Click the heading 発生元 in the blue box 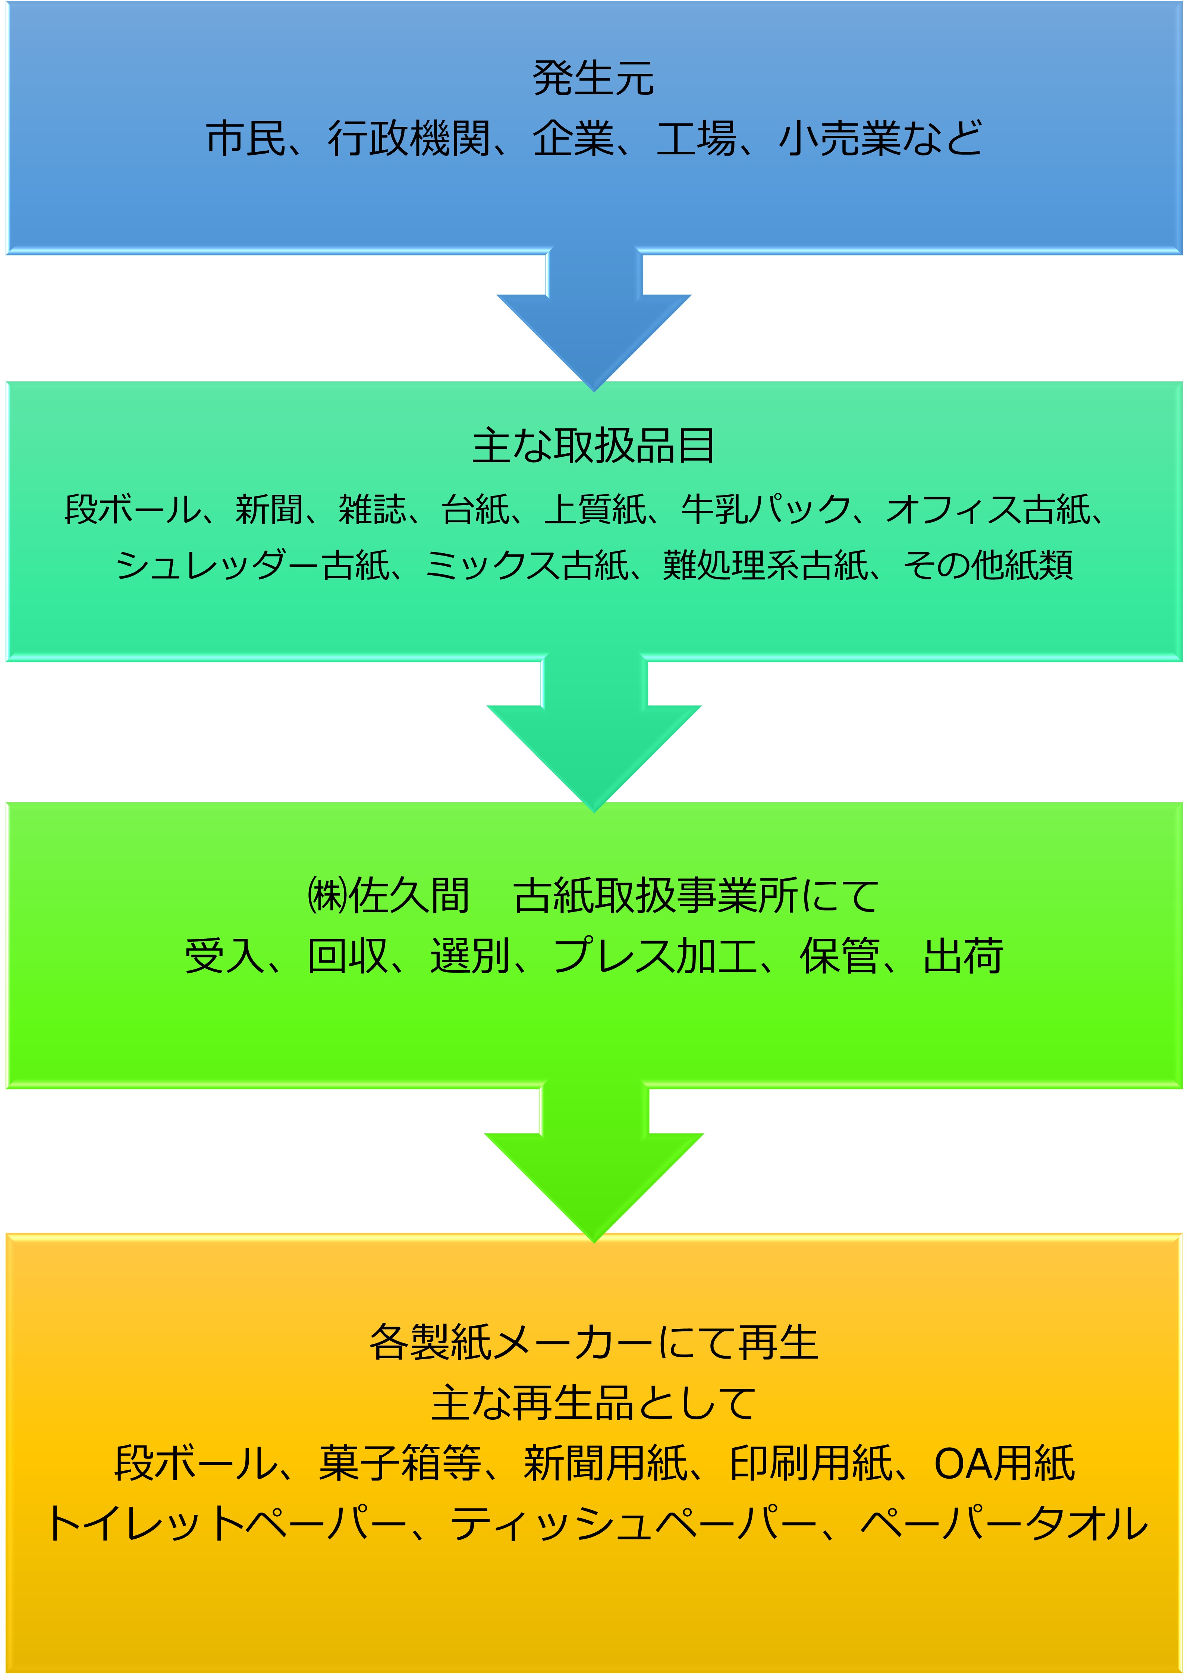[593, 78]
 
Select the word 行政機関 [408, 138]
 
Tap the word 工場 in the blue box [696, 138]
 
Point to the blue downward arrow [594, 322]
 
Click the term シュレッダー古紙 [252, 564]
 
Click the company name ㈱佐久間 [388, 896]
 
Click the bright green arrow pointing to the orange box [594, 1163]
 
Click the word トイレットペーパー [227, 1523]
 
